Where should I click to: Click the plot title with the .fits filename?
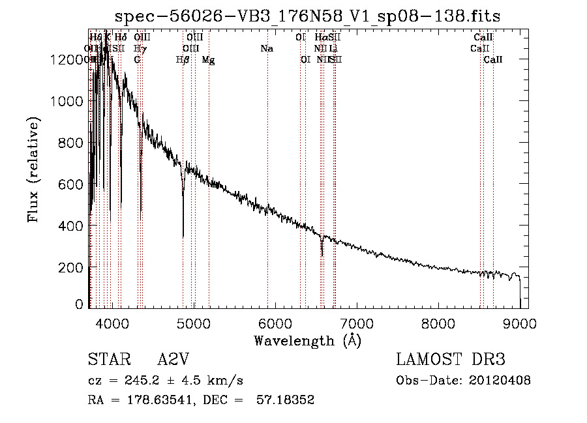[x=308, y=16]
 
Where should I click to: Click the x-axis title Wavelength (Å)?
[x=307, y=340]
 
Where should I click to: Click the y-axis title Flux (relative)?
[x=33, y=169]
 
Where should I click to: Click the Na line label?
[x=266, y=49]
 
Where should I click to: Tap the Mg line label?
[x=209, y=60]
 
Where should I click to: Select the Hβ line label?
[x=183, y=60]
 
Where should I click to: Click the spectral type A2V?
[x=173, y=360]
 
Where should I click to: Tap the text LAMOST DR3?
[x=450, y=360]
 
